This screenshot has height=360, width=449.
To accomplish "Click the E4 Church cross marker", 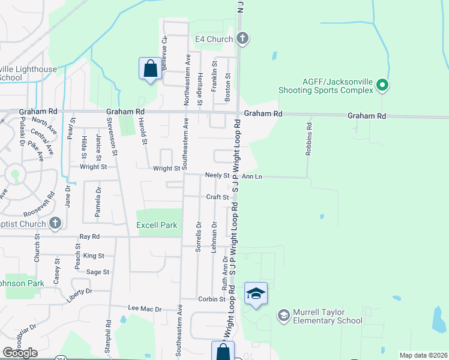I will click(x=242, y=39).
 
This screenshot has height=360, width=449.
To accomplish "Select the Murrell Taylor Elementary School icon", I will click(x=283, y=315).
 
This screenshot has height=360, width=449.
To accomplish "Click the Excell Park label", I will click(x=157, y=225).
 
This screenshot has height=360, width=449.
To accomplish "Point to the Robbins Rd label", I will click(x=309, y=140).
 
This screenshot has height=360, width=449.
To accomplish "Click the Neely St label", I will click(x=217, y=176).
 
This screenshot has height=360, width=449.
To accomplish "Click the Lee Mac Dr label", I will click(x=145, y=308).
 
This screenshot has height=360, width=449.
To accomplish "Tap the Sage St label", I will click(x=97, y=272).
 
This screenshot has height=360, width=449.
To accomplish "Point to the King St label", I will click(x=94, y=256).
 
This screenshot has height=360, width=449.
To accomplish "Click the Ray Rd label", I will click(x=89, y=237).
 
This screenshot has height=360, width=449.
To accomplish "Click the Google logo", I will click(x=20, y=353).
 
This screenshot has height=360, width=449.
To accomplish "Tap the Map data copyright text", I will click(x=423, y=355).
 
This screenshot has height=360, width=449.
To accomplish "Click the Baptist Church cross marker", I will click(x=55, y=224).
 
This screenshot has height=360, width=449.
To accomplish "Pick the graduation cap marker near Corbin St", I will click(x=256, y=293).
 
